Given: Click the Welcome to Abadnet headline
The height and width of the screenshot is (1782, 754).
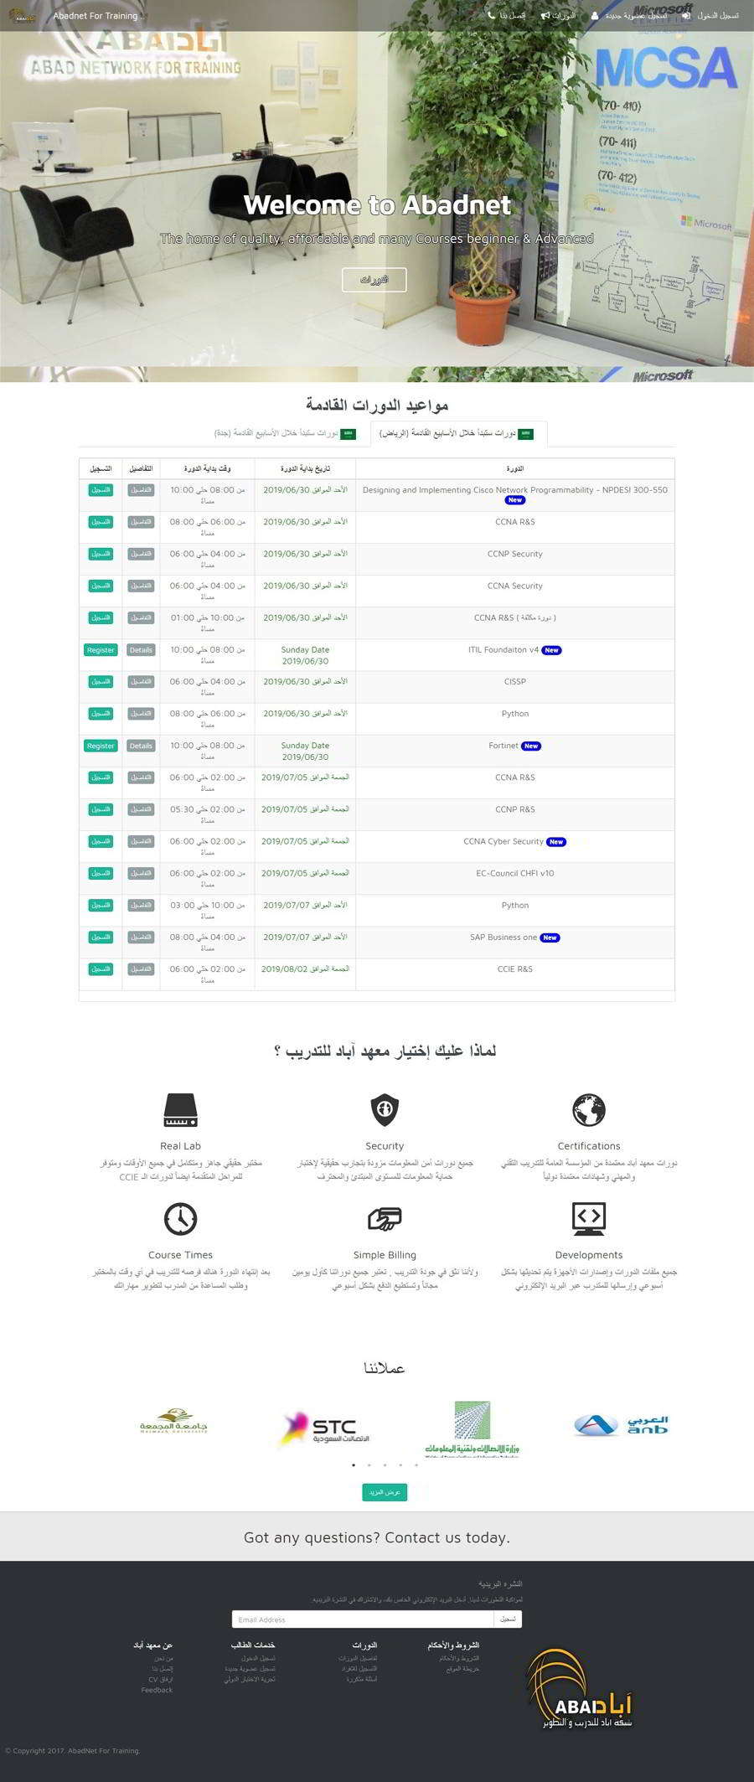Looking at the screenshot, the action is pos(377,205).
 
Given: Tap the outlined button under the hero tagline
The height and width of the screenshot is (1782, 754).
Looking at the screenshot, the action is pos(374,279).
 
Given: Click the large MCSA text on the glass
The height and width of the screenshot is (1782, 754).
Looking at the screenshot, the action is pos(665,68).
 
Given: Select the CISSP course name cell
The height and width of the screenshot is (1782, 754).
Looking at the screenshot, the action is pos(514,682).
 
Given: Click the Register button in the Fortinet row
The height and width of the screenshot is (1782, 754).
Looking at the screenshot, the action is pos(101,746).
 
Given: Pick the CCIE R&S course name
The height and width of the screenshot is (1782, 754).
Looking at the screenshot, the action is pos(514,969).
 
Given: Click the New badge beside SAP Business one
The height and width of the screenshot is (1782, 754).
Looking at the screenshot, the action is pos(550,937).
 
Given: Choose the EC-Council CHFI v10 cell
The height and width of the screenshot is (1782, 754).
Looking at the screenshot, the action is pos(514,873).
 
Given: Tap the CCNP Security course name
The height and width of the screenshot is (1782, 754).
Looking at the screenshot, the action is pos(514,554).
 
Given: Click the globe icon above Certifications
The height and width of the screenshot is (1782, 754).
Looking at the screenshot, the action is pos(589,1110).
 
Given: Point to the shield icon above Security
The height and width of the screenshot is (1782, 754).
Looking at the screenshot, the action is pos(385,1109).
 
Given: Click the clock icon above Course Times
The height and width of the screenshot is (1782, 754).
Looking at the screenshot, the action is pos(180,1219).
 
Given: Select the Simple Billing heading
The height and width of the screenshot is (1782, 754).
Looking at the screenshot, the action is pos(385,1255).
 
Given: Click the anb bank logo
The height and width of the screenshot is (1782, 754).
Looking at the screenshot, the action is pos(621,1425).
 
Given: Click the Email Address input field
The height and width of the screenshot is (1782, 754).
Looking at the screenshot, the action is pos(362,1619).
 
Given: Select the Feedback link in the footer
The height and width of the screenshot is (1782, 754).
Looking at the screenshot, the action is pos(157,1690).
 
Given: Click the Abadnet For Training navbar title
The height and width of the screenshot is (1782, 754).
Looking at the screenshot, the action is pos(95,16).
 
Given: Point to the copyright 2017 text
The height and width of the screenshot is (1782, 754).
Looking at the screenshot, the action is pos(73,1750).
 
